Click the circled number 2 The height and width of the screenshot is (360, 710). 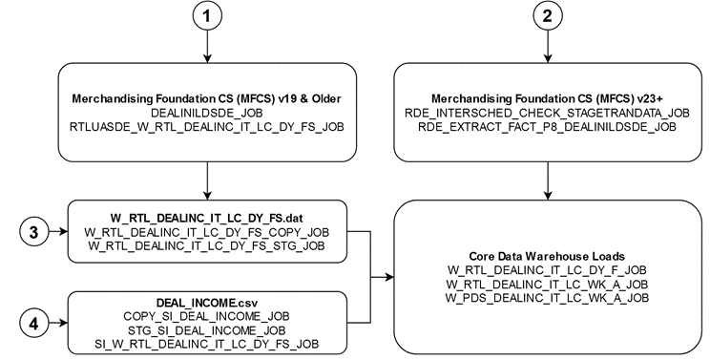tap(546, 18)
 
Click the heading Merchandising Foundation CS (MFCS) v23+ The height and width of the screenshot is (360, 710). tap(546, 98)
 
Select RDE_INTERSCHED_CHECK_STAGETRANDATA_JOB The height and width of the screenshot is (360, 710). tap(546, 112)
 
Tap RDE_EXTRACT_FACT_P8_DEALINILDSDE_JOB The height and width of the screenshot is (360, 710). tap(546, 125)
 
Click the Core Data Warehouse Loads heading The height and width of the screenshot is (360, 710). tap(548, 257)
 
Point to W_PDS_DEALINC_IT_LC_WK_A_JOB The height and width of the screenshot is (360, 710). tap(548, 298)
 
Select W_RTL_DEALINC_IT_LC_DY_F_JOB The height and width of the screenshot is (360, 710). tap(548, 271)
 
